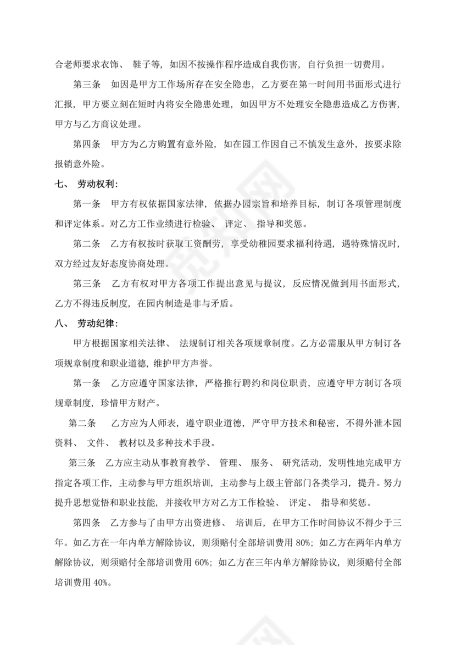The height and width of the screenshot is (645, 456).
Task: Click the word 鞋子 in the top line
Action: tap(142, 65)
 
